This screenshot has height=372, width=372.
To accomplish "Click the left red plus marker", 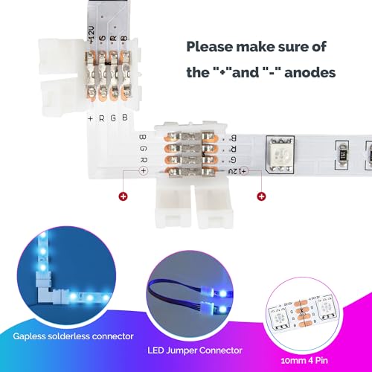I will (121, 197).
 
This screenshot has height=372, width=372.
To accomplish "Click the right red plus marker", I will (261, 197).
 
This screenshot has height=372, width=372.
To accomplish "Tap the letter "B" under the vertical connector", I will (124, 118).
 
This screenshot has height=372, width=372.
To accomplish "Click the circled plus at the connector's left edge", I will (143, 170).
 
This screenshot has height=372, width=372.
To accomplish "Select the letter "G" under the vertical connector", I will (113, 118).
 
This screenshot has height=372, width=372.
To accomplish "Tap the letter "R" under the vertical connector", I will (102, 118).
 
